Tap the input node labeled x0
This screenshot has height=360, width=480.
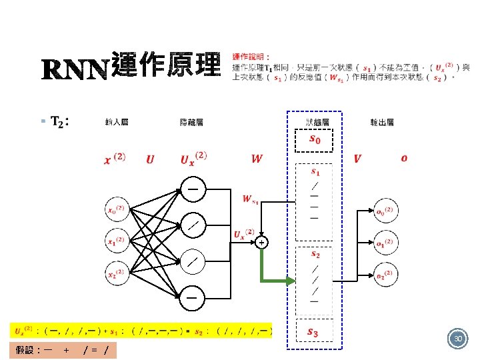(x=118, y=210)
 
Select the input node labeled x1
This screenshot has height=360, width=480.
(x=118, y=241)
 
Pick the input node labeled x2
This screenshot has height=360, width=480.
(x=118, y=273)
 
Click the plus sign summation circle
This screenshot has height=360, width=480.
(x=261, y=243)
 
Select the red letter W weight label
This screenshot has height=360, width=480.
(x=257, y=159)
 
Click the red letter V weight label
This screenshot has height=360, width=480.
(x=357, y=159)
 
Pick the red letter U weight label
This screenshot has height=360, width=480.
(x=150, y=159)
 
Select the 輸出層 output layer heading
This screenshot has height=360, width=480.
(x=382, y=122)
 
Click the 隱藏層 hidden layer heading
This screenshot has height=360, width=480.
(x=192, y=122)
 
